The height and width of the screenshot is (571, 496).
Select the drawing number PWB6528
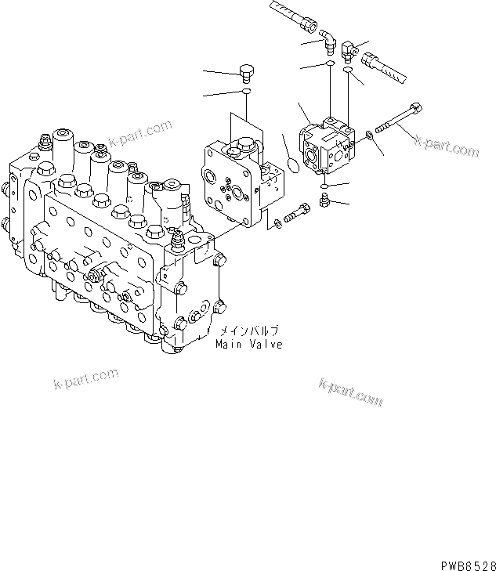(462, 562)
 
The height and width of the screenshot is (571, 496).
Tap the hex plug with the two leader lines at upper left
(245, 72)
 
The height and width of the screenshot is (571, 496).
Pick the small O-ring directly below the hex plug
(245, 93)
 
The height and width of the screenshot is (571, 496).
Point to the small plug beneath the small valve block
(324, 204)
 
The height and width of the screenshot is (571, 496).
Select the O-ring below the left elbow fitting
(331, 65)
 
